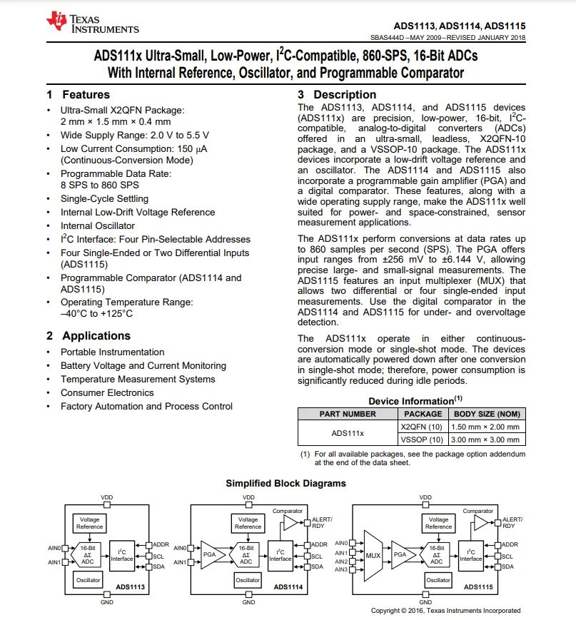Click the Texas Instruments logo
[x=93, y=24]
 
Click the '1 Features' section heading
[x=79, y=95]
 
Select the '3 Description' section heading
[x=336, y=95]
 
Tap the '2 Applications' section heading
[x=89, y=336]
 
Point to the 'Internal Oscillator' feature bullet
[x=97, y=225]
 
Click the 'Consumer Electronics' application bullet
[x=107, y=393]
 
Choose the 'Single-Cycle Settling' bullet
[x=104, y=199]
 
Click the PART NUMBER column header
[x=348, y=414]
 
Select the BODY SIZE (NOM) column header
[x=486, y=414]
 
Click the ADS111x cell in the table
[x=348, y=433]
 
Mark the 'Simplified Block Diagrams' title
[x=286, y=484]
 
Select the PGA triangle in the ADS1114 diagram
[x=211, y=554]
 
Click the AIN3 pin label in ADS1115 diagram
[x=341, y=569]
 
